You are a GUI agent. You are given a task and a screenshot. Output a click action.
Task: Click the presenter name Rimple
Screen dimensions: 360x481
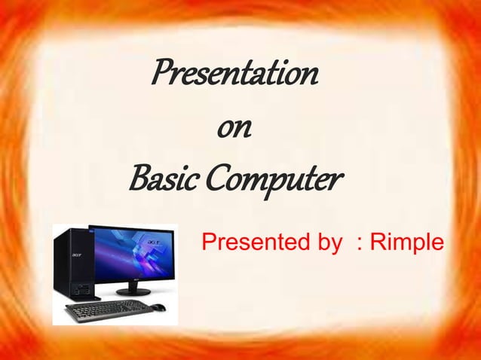(x=406, y=244)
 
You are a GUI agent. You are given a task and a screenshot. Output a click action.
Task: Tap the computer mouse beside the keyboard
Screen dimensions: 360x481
(x=159, y=307)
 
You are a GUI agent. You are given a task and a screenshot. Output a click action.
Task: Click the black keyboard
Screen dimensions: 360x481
(x=109, y=310)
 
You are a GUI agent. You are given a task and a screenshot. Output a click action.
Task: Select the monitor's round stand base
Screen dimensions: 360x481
(x=133, y=291)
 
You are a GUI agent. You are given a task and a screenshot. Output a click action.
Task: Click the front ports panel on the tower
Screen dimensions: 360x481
(x=72, y=288)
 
